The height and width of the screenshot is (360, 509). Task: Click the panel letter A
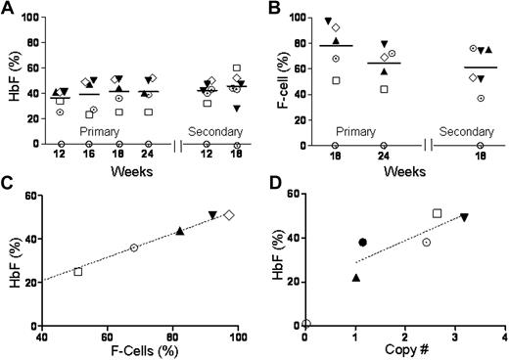pyautogui.click(x=8, y=9)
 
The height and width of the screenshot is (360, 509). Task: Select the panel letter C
pyautogui.click(x=8, y=186)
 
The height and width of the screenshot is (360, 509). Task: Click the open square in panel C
pyautogui.click(x=78, y=271)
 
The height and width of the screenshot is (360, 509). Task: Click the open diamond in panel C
pyautogui.click(x=229, y=214)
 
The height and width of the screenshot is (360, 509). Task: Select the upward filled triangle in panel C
pyautogui.click(x=180, y=231)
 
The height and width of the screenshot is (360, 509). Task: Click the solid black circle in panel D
pyautogui.click(x=362, y=242)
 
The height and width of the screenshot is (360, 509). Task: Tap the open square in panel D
pyautogui.click(x=437, y=213)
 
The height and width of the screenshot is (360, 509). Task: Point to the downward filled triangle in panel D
pyautogui.click(x=465, y=217)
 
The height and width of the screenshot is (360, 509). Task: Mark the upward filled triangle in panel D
pyautogui.click(x=356, y=278)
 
